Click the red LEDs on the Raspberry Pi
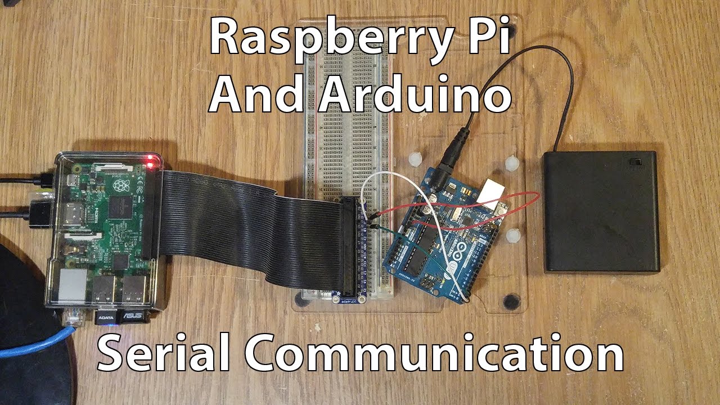150,163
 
